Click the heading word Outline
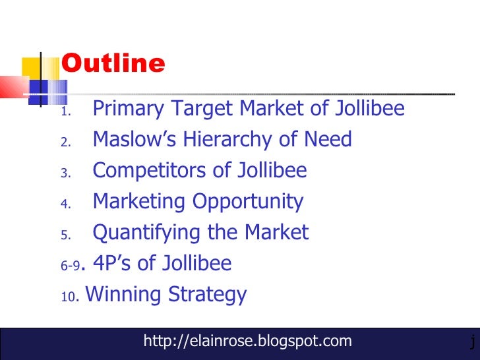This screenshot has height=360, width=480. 113,64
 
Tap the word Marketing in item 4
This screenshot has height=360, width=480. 139,202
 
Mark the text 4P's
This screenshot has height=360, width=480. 114,264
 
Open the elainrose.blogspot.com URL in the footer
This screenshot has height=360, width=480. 247,342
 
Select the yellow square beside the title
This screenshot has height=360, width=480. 32,69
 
